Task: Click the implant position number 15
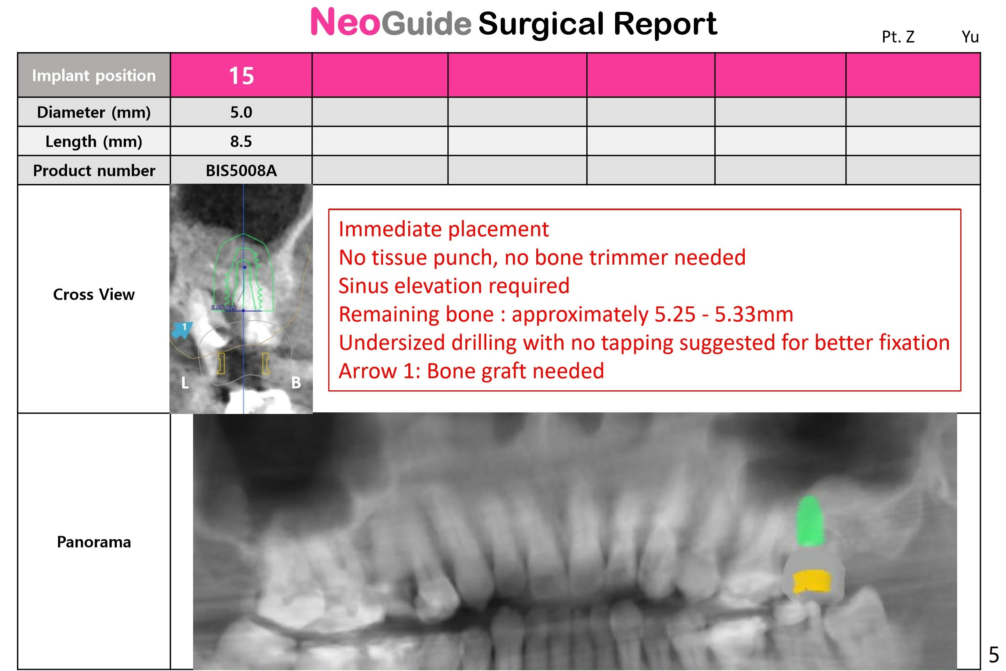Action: coord(241,76)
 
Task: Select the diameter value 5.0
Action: coord(241,112)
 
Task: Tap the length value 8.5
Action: coord(241,141)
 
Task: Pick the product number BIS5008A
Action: coord(241,170)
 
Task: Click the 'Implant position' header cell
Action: coord(94,75)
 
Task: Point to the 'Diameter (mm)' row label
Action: coord(94,112)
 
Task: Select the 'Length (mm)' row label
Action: coord(94,141)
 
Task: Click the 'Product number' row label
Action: coord(94,170)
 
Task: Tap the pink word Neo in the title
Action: coord(345,22)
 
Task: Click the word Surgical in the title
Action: coord(542,24)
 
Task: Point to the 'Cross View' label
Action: coord(94,294)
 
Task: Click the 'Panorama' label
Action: coord(94,542)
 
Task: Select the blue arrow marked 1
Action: coord(181,330)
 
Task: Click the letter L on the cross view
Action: coord(185,382)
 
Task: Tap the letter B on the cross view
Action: coord(296,382)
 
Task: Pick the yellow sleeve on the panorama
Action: coord(812,582)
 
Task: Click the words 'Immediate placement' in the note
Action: coord(444,229)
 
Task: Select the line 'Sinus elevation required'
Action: coord(454,286)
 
